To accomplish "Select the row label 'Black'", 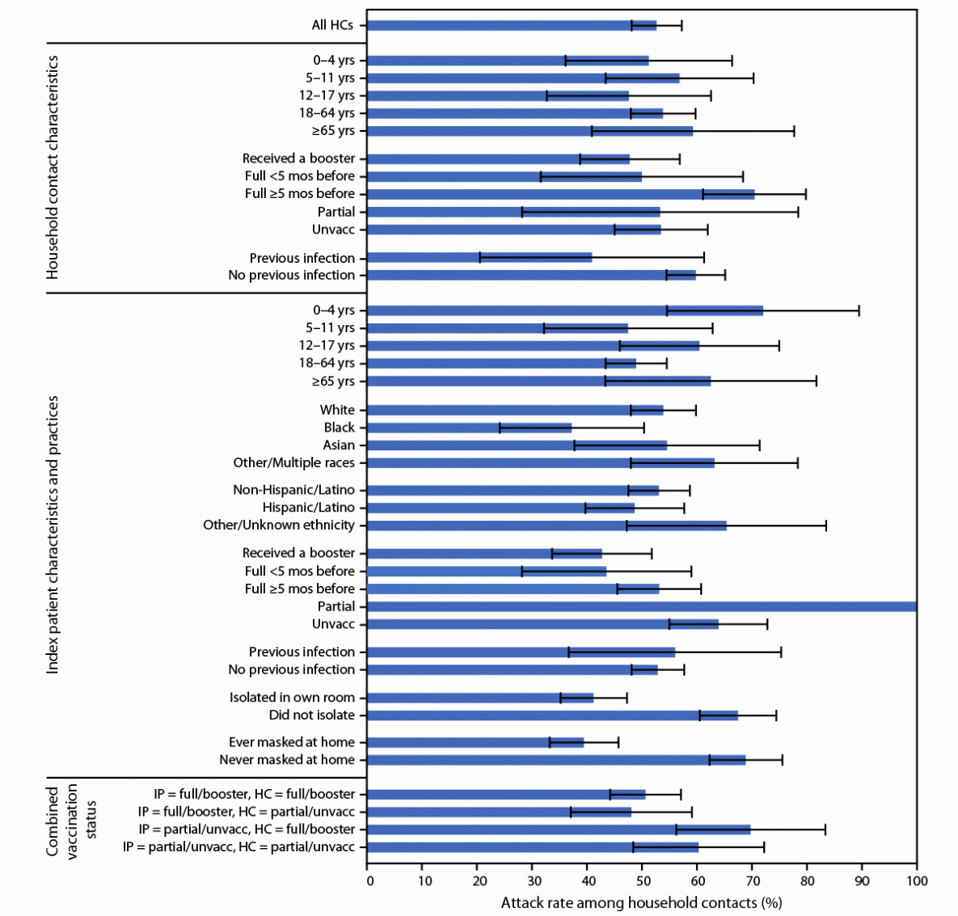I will click(x=340, y=427).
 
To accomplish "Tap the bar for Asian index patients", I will click(x=517, y=445).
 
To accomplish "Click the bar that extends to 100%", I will click(x=642, y=606).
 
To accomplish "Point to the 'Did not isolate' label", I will click(x=311, y=715).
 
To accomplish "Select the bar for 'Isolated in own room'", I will click(x=480, y=698).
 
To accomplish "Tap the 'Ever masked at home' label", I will click(x=292, y=742).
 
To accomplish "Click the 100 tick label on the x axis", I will click(x=915, y=880).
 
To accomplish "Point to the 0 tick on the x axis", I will click(x=369, y=880).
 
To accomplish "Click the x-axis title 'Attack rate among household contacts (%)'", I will click(x=641, y=902).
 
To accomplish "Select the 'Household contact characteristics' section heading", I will click(x=53, y=167).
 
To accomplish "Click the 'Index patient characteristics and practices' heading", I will click(x=53, y=534).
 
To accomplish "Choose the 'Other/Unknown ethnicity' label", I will click(x=279, y=526).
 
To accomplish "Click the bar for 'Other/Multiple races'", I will click(x=541, y=462).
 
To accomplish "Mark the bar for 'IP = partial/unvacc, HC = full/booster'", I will click(x=559, y=829).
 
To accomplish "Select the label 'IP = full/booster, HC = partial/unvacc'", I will click(x=247, y=812).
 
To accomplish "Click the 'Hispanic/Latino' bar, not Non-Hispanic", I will click(x=500, y=508).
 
